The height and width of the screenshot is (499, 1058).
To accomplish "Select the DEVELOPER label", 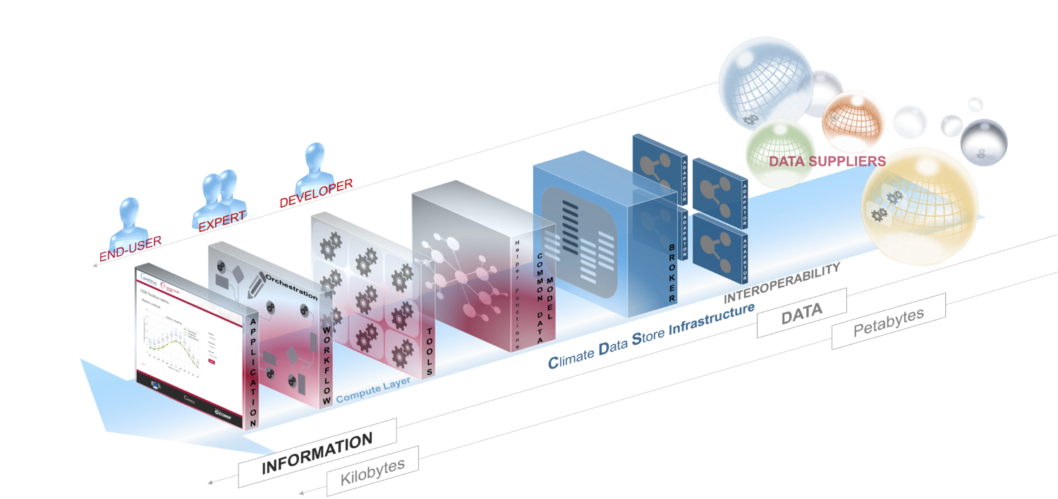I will [x=316, y=193].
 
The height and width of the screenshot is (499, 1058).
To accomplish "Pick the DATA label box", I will [x=801, y=313].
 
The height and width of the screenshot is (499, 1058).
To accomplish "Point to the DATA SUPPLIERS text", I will [x=827, y=161].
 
